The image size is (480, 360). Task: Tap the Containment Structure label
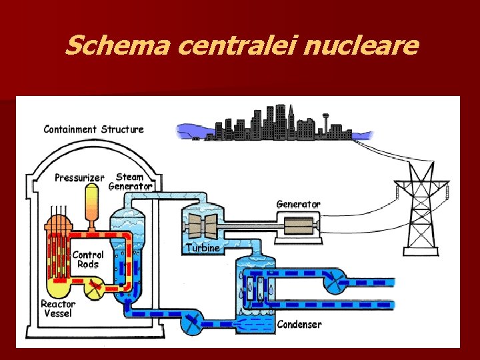click(93, 129)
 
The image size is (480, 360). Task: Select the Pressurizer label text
click(79, 177)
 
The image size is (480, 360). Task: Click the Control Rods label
click(88, 259)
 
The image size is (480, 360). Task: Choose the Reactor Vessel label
click(58, 309)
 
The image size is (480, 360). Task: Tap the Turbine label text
click(202, 248)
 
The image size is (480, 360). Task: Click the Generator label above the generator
click(298, 204)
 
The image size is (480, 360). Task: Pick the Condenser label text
click(299, 325)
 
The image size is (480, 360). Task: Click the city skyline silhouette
click(267, 123)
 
